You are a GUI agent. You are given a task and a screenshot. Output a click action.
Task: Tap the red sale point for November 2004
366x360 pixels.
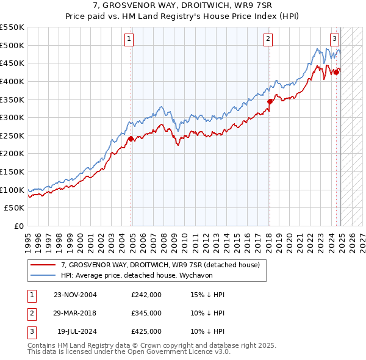pos(131,139)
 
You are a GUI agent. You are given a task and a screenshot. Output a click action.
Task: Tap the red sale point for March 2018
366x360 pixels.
pos(269,102)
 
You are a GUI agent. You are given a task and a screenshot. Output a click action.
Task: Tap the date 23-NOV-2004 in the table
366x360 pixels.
pos(76,295)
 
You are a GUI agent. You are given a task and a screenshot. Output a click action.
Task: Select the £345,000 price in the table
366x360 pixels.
pos(146,313)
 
